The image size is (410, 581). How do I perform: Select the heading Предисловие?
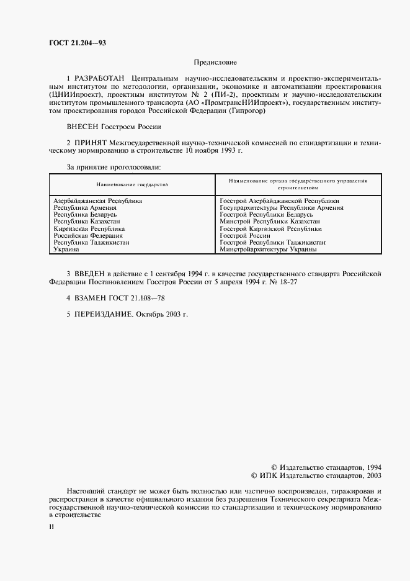click(215, 63)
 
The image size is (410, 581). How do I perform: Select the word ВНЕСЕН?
click(82, 127)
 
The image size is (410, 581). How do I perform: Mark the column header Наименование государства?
click(131, 184)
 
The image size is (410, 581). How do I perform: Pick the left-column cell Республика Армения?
click(85, 208)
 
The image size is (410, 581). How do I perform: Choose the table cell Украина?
click(66, 249)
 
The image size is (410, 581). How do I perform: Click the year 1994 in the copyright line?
click(370, 466)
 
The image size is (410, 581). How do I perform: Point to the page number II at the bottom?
click(52, 527)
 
